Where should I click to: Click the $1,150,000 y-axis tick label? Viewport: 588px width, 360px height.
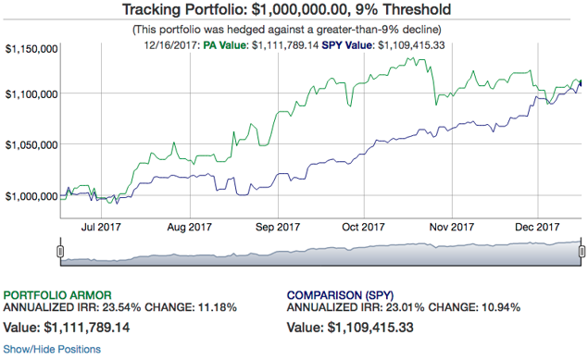(x=31, y=49)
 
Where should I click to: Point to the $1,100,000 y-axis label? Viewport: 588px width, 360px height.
(x=31, y=94)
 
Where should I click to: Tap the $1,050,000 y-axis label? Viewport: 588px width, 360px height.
(x=31, y=145)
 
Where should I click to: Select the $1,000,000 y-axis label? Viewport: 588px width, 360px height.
(x=31, y=196)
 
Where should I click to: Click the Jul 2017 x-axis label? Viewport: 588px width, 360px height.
(x=101, y=227)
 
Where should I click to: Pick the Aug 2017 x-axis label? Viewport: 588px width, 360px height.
(x=190, y=227)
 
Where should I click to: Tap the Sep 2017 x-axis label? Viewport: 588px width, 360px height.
(x=278, y=227)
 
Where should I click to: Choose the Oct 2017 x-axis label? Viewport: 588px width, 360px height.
(x=363, y=227)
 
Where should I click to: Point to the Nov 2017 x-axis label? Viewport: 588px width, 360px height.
(x=452, y=227)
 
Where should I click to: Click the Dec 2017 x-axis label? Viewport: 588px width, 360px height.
(x=537, y=227)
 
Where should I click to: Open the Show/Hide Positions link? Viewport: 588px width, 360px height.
(x=52, y=349)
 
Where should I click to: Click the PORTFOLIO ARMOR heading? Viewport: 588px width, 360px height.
(x=57, y=295)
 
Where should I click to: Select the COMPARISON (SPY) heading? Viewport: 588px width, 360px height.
(x=340, y=295)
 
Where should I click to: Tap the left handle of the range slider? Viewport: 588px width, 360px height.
(x=60, y=251)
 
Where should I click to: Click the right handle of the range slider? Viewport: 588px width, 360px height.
(x=582, y=251)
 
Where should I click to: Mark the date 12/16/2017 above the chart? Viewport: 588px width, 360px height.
(x=170, y=45)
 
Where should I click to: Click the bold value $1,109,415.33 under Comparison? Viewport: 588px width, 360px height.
(x=370, y=328)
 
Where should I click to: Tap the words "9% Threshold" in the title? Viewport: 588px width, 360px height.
(x=403, y=10)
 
